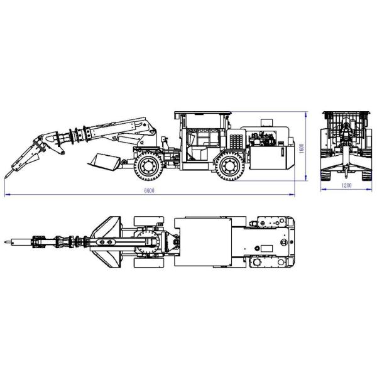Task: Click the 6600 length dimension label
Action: click(149, 190)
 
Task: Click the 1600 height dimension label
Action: click(302, 148)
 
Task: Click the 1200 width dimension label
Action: click(346, 185)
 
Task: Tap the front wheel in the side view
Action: click(149, 167)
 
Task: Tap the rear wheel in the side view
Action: click(231, 167)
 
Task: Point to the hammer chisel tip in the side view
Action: click(6, 177)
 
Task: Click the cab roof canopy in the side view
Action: click(203, 112)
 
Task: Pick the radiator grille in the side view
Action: click(236, 141)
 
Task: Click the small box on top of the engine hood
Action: click(266, 123)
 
